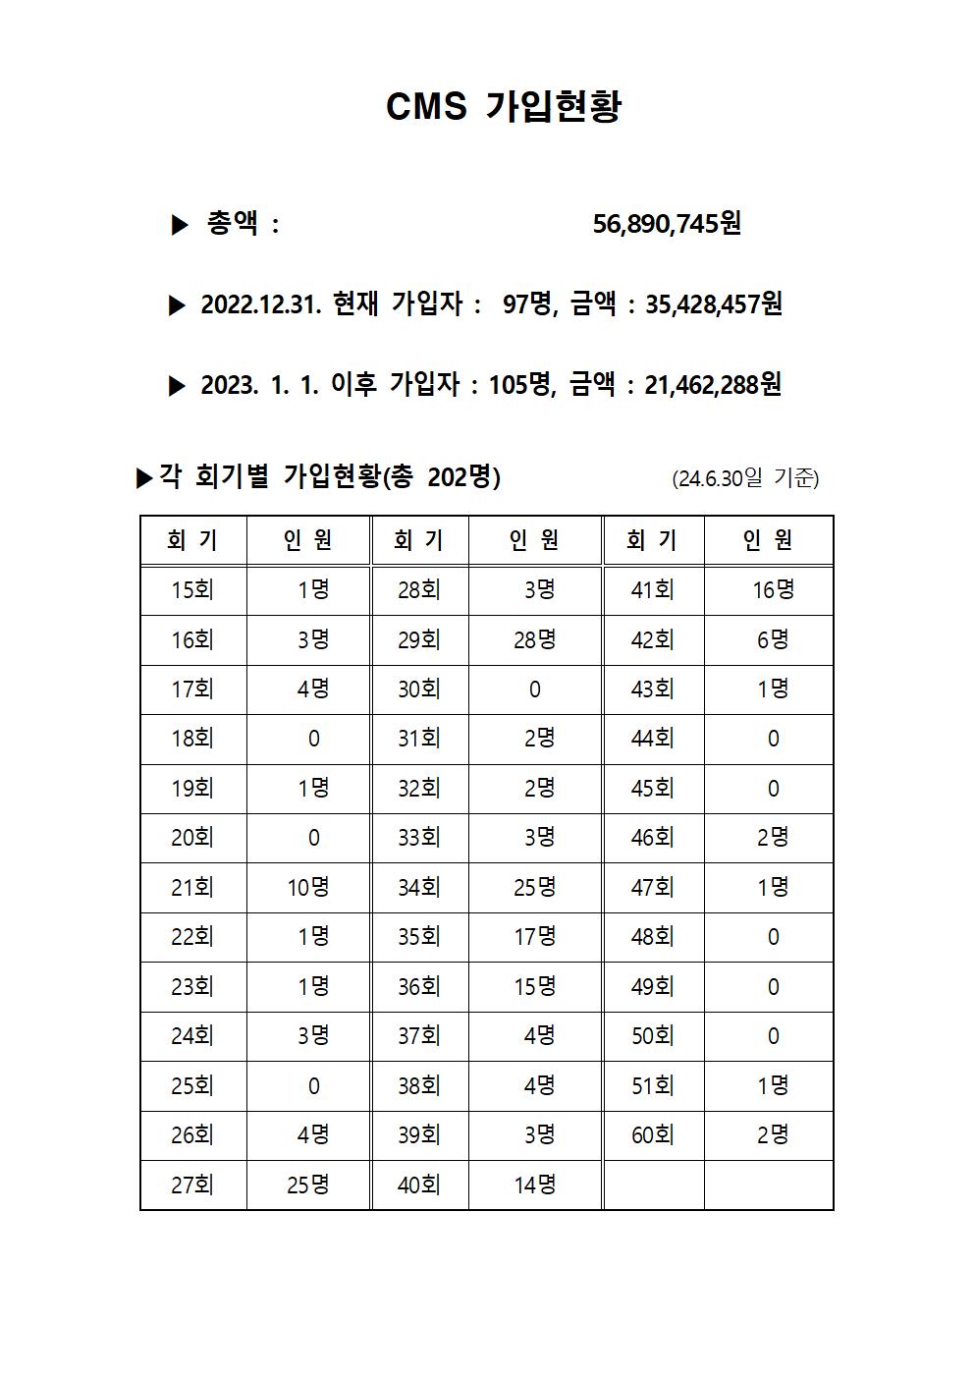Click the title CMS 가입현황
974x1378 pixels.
click(x=504, y=106)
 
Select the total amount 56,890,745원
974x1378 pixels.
click(x=667, y=224)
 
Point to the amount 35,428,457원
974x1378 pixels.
click(x=713, y=304)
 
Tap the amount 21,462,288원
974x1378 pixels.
click(x=713, y=384)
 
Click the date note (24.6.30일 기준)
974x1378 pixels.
click(x=745, y=478)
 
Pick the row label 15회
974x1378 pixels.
click(x=192, y=590)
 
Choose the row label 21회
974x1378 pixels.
click(x=192, y=888)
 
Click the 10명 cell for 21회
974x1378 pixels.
click(x=308, y=888)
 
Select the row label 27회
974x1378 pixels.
click(x=192, y=1185)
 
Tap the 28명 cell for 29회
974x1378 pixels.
click(x=534, y=640)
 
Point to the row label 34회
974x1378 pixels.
click(x=419, y=888)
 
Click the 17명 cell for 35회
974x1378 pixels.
click(x=534, y=937)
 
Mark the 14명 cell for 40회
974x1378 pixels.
click(x=534, y=1185)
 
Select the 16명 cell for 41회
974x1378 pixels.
click(x=773, y=590)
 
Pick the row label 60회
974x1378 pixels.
click(x=653, y=1135)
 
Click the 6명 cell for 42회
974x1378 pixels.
click(x=773, y=640)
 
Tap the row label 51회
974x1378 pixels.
click(x=653, y=1086)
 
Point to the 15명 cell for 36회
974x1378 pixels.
click(x=534, y=986)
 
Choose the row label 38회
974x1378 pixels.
click(x=419, y=1086)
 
